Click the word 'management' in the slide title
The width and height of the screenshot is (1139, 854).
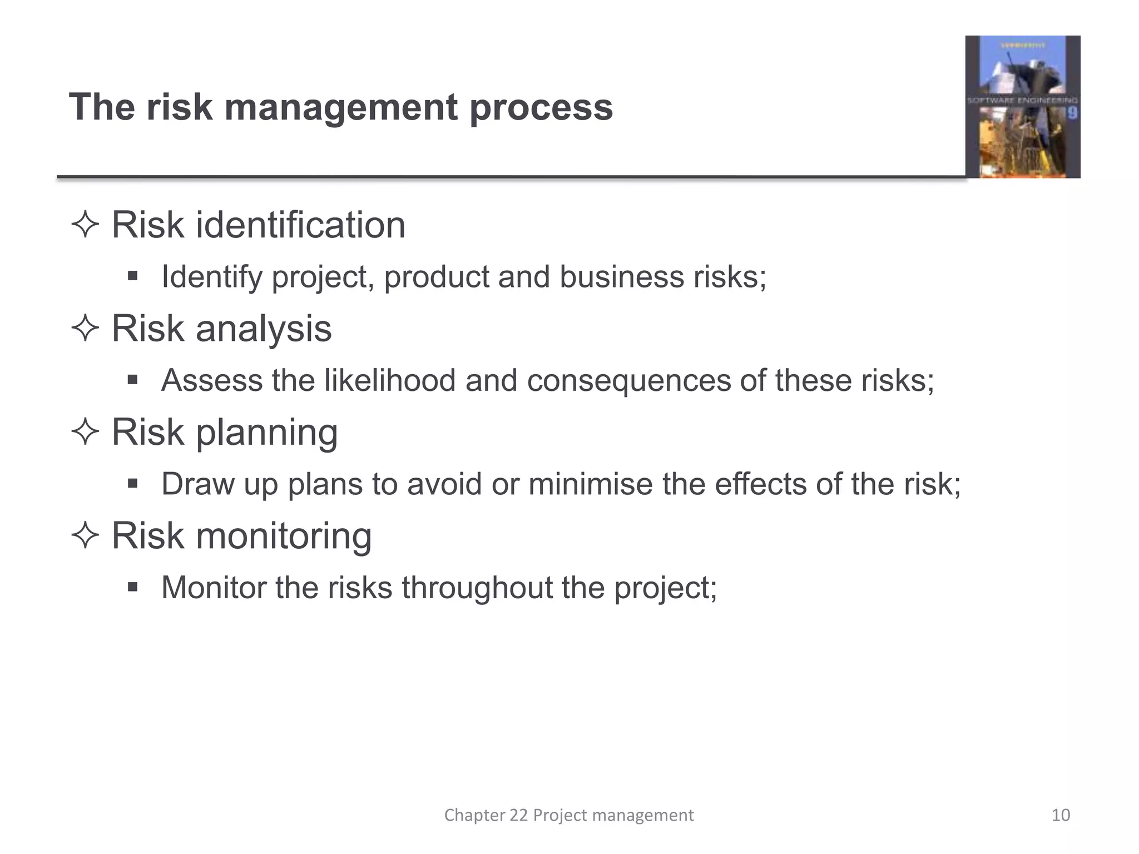(341, 107)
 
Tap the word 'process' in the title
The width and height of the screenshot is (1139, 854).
(541, 107)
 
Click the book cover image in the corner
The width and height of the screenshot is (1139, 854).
(1022, 107)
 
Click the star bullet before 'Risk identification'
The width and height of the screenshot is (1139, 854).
(85, 225)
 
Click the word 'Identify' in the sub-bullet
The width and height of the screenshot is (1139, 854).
(212, 276)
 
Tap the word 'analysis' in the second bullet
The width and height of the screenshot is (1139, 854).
(264, 328)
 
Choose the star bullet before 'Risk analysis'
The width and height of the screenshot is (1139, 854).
(85, 329)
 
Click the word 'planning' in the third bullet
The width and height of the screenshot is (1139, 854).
(267, 432)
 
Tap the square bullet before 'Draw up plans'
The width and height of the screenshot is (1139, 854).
(132, 483)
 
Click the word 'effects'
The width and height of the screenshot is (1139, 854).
(760, 484)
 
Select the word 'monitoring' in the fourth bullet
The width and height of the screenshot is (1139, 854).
(284, 535)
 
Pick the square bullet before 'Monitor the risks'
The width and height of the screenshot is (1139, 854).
(132, 587)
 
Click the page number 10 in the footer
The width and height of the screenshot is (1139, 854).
(1061, 815)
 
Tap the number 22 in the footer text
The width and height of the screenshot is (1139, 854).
(518, 815)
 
